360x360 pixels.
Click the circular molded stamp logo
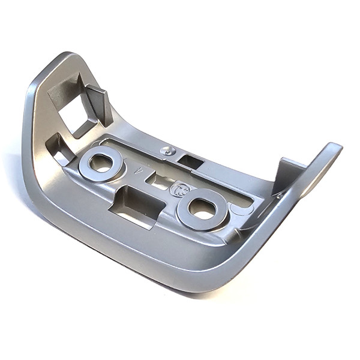178,190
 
